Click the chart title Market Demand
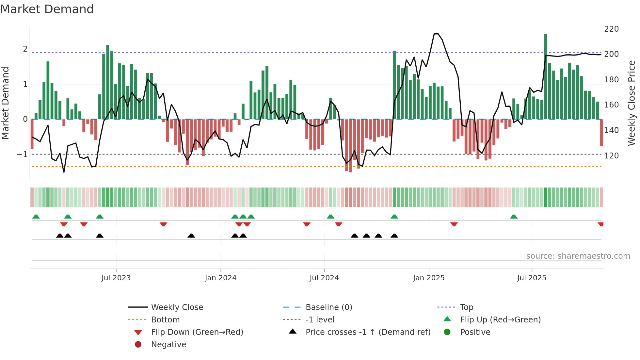(47, 9)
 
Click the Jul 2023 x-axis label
(116, 278)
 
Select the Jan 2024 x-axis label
(220, 278)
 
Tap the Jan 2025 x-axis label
(428, 278)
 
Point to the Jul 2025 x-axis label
(532, 278)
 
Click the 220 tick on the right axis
(611, 29)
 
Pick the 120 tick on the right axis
(611, 156)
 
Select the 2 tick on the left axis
(25, 49)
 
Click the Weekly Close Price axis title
(632, 103)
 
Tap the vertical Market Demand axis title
(6, 103)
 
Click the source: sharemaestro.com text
(578, 256)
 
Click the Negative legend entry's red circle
(138, 345)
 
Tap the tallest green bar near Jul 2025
(546, 75)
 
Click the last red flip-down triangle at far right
(600, 224)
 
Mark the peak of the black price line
(436, 34)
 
